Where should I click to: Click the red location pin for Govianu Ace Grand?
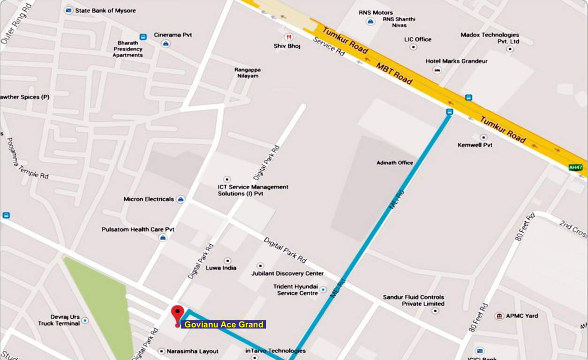pyautogui.click(x=177, y=313)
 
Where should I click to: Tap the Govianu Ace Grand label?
pyautogui.click(x=224, y=324)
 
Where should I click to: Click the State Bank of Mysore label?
pyautogui.click(x=106, y=10)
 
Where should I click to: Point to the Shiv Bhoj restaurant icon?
pyautogui.click(x=289, y=37)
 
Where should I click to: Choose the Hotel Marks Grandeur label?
pyautogui.click(x=456, y=61)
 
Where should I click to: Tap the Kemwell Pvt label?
pyautogui.click(x=475, y=145)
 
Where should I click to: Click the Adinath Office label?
pyautogui.click(x=395, y=163)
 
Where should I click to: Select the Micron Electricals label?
pyautogui.click(x=149, y=199)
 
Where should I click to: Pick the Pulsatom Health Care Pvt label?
pyautogui.click(x=138, y=230)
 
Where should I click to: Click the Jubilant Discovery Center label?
pyautogui.click(x=287, y=273)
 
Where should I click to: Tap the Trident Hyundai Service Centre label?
pyautogui.click(x=295, y=290)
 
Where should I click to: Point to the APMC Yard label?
pyautogui.click(x=521, y=316)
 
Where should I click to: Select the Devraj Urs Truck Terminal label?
pyautogui.click(x=59, y=320)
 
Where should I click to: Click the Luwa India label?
pyautogui.click(x=221, y=268)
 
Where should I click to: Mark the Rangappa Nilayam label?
pyautogui.click(x=248, y=73)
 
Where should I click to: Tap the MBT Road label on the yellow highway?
pyautogui.click(x=394, y=74)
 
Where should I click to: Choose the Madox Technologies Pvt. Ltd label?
pyautogui.click(x=490, y=38)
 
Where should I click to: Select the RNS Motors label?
pyautogui.click(x=376, y=13)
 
